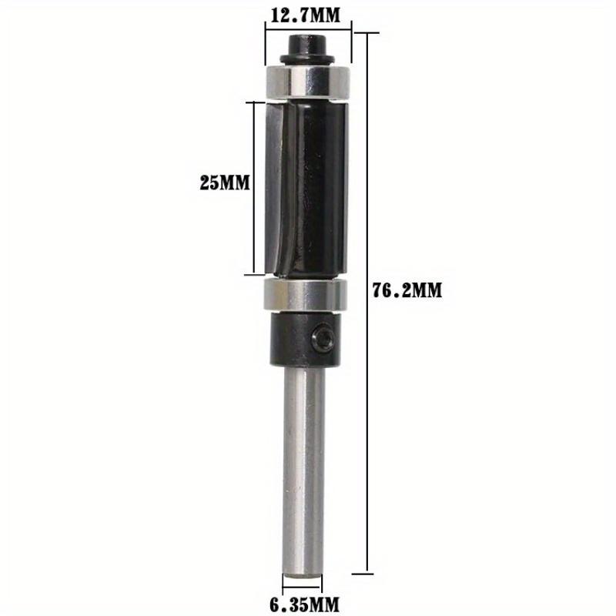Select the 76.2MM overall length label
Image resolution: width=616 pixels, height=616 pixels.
point(408,290)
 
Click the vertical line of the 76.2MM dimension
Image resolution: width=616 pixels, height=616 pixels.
point(368,308)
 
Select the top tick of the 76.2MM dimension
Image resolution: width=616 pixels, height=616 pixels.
point(368,33)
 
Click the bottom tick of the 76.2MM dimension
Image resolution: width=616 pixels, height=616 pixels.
point(368,573)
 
